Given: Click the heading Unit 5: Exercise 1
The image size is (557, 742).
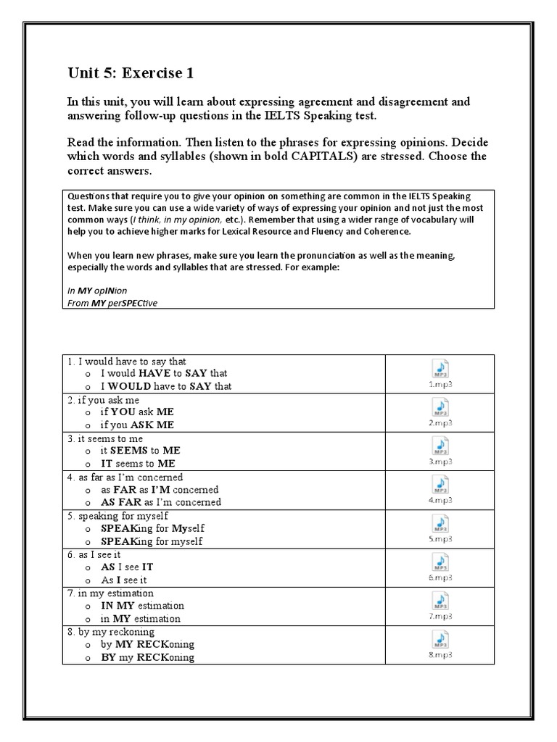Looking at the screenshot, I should [x=131, y=72].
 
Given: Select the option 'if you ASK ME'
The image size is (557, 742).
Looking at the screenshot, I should [x=137, y=425].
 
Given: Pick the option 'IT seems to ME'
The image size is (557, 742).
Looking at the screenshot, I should [x=138, y=464].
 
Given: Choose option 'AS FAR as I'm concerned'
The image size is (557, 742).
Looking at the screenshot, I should [x=160, y=502].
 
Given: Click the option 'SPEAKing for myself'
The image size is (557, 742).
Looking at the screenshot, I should [x=152, y=541].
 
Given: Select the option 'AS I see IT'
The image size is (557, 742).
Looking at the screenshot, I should [x=127, y=567].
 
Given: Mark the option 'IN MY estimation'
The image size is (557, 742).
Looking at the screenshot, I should [x=142, y=605].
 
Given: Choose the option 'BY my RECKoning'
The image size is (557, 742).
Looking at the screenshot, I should [x=147, y=657].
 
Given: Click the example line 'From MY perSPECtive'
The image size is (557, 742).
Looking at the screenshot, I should [x=112, y=303].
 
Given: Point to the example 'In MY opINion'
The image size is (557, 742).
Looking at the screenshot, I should [x=97, y=291].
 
